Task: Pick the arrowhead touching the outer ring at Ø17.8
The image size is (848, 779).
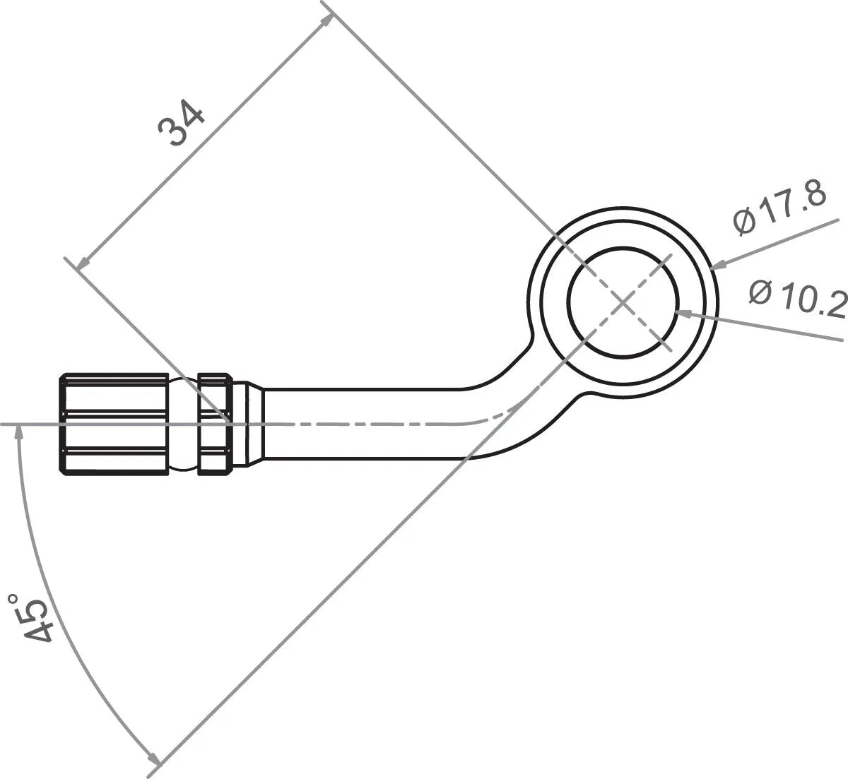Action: click(x=716, y=266)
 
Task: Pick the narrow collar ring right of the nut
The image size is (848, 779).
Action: click(x=215, y=423)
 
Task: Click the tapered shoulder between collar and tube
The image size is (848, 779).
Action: click(x=254, y=423)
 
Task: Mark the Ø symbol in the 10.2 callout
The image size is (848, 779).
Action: click(x=760, y=291)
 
